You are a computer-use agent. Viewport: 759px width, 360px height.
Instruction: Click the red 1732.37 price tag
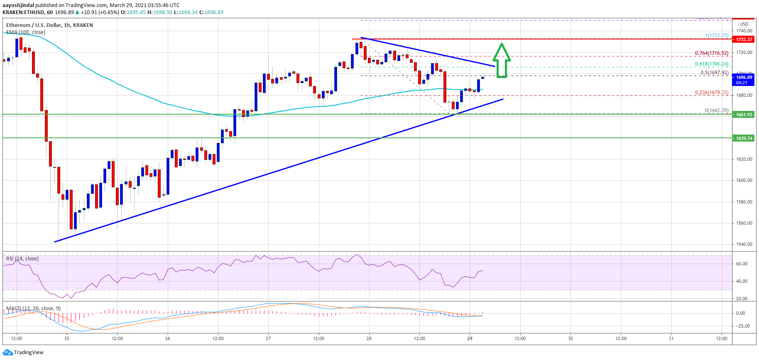coord(744,39)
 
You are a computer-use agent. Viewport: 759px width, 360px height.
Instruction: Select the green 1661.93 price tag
coord(744,115)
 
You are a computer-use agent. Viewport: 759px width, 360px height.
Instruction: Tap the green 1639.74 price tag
coord(744,138)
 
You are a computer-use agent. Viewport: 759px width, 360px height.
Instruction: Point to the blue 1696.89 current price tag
coord(744,80)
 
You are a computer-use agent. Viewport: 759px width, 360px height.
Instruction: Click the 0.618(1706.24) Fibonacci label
coord(712,64)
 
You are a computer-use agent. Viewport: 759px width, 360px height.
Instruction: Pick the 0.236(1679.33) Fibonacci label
coord(712,93)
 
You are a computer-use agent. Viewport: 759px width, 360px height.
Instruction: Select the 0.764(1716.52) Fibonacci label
coord(712,53)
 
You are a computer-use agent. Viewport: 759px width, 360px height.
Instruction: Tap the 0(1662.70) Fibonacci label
coord(717,110)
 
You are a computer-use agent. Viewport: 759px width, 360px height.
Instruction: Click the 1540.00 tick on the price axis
coord(744,244)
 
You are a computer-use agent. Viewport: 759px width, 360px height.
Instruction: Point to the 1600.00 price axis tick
coord(744,180)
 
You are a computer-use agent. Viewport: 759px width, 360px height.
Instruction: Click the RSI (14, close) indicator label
coord(22,259)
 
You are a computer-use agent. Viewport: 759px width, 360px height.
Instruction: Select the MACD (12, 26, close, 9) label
coord(33,309)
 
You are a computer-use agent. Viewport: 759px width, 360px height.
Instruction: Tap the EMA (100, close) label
coord(26,32)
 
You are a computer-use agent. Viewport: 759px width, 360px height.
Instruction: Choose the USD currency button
coord(744,24)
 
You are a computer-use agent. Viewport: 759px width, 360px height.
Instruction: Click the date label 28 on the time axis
coord(369,338)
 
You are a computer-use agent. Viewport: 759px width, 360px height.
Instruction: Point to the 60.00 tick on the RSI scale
coord(742,264)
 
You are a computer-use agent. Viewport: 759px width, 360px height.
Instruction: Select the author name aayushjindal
coord(18,5)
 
